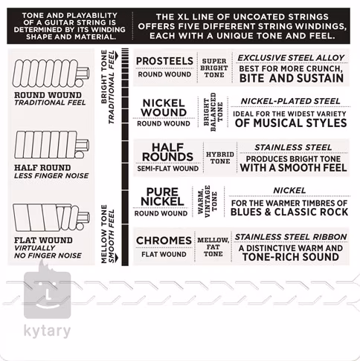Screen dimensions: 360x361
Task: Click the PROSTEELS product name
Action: (164, 61)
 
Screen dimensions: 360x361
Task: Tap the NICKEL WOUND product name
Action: (164, 108)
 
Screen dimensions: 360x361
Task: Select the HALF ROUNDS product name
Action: (167, 152)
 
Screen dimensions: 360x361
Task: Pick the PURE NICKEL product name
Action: (162, 197)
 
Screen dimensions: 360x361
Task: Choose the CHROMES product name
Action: (164, 241)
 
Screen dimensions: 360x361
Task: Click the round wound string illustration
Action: (51, 74)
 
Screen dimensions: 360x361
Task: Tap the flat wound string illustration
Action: (51, 217)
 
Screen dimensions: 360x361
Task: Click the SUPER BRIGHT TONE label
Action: (214, 68)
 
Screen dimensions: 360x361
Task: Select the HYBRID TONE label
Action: (220, 157)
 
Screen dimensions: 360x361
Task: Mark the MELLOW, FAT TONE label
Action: (213, 247)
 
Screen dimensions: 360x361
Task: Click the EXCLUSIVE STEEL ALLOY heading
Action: (291, 58)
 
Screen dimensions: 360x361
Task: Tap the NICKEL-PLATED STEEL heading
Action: (291, 101)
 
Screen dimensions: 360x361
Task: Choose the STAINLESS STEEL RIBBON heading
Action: (291, 237)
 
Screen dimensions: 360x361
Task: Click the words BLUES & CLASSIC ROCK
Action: (289, 212)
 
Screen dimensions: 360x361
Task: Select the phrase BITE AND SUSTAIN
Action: (292, 78)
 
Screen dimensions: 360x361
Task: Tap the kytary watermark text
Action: (47, 331)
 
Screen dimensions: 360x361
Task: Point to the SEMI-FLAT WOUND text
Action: (168, 169)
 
